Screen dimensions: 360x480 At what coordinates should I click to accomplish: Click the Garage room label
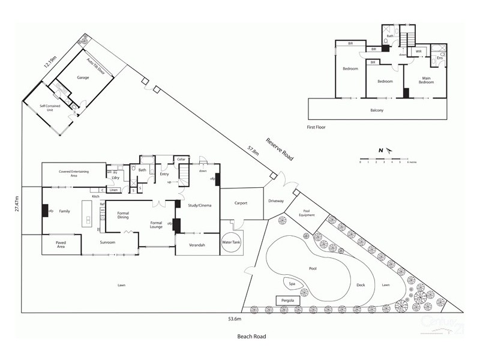pyautogui.click(x=83, y=78)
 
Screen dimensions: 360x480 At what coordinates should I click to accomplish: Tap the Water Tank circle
pyautogui.click(x=230, y=242)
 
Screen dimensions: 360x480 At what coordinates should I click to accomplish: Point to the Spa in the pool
pyautogui.click(x=292, y=284)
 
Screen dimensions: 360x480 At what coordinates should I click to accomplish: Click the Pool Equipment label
pyautogui.click(x=306, y=213)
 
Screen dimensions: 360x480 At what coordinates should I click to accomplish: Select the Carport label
pyautogui.click(x=241, y=203)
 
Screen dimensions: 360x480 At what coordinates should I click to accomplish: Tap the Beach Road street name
pyautogui.click(x=251, y=337)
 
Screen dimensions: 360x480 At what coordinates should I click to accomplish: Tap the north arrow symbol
pyautogui.click(x=384, y=150)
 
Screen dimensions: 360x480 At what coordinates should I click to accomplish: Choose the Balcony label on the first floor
pyautogui.click(x=376, y=110)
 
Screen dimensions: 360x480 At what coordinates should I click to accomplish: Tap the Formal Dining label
pyautogui.click(x=123, y=216)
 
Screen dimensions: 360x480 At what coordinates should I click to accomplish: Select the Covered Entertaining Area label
pyautogui.click(x=74, y=174)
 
